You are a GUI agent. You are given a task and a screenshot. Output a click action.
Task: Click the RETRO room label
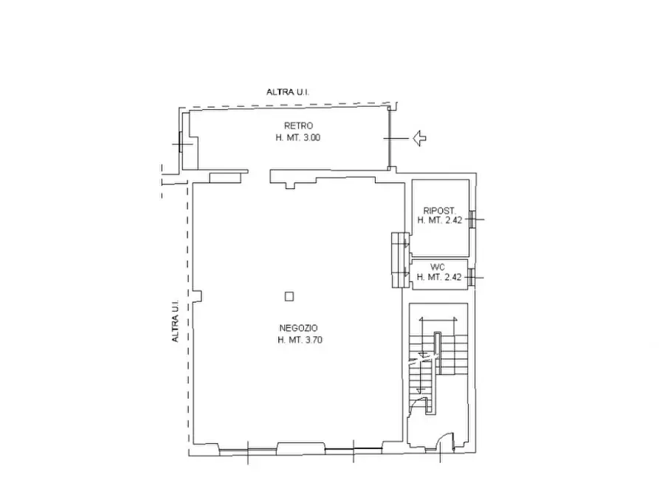click(298, 125)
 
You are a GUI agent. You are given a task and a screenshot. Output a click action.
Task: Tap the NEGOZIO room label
click(298, 328)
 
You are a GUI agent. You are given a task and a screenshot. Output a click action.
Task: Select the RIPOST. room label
click(440, 211)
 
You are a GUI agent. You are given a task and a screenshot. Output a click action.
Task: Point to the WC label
click(438, 267)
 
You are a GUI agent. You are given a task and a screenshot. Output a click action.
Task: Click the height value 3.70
click(312, 340)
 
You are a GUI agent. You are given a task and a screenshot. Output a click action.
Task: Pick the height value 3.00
click(310, 137)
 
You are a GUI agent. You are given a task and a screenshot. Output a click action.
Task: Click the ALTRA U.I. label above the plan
click(288, 92)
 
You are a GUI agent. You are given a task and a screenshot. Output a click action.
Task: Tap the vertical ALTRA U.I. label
click(175, 321)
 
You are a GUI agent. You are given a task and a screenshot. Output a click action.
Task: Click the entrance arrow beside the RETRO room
click(419, 138)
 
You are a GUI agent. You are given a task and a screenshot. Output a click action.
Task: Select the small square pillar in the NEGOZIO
click(289, 296)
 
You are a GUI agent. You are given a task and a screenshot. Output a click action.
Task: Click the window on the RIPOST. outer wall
click(472, 219)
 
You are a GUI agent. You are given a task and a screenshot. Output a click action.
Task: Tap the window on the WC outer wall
click(472, 278)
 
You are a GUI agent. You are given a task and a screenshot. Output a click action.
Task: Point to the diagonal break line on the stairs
click(424, 358)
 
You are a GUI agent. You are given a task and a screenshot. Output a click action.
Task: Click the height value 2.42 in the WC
click(452, 277)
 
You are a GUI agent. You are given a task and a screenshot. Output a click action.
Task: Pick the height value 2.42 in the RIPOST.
click(452, 220)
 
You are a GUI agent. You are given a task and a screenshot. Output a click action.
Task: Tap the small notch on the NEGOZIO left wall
click(197, 296)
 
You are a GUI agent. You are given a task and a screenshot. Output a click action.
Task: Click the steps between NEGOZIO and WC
click(401, 260)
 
